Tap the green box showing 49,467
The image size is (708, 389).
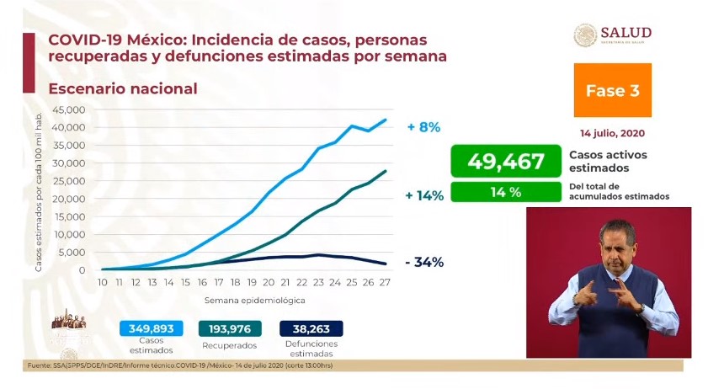point(505,160)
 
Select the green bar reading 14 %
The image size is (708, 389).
point(505,192)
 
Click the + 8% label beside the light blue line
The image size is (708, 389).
point(423,127)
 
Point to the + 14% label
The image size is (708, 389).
point(423,195)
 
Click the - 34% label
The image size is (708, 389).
point(423,262)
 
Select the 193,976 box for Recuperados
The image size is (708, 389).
point(230,329)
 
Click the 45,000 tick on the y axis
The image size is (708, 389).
point(69,109)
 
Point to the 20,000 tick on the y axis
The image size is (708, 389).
point(69,199)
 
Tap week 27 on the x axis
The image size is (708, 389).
point(386,282)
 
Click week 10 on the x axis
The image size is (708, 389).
point(102,282)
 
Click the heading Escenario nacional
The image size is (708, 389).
point(123,88)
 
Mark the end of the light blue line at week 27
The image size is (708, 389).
point(386,120)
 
